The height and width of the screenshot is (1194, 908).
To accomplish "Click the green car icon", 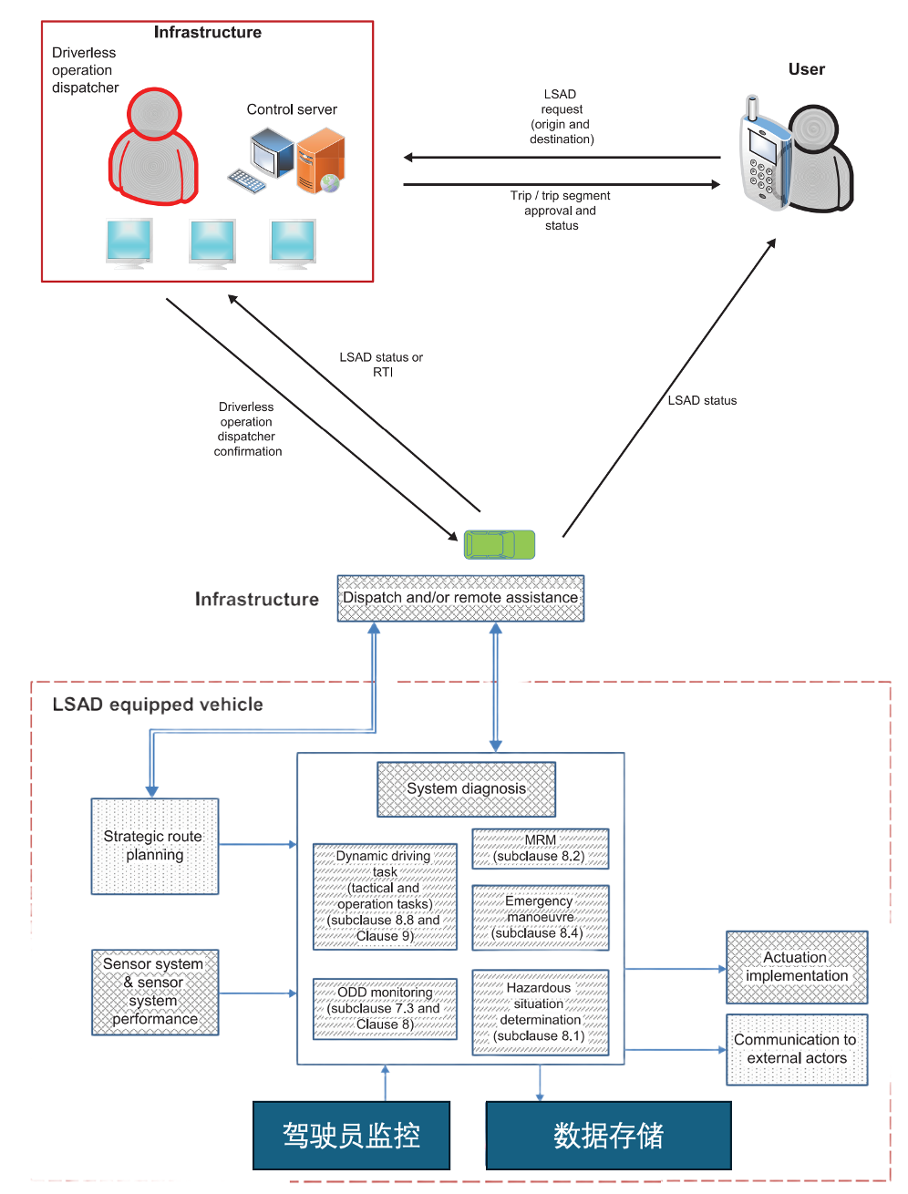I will point(499,544).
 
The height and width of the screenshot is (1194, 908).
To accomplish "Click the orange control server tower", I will point(320,160).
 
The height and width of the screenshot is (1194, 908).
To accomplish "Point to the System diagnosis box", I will point(466,789).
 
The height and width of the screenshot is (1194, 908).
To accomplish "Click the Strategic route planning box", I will point(155,846).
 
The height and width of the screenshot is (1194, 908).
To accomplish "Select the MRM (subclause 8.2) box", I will point(540,849).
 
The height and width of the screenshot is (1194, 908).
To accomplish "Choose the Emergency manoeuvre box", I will point(540,917).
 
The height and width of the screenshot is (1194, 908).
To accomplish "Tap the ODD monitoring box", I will point(385,1008).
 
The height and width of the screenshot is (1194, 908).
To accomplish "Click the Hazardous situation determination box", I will point(540,1012).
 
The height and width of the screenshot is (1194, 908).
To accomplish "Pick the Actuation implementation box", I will point(796,967).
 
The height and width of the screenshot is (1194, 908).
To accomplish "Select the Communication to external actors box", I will point(796,1049).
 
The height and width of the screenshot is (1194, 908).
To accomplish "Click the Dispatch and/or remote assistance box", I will point(460,598).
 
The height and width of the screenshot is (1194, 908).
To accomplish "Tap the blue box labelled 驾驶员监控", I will point(351,1136).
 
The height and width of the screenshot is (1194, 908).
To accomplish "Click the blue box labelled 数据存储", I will point(608,1136).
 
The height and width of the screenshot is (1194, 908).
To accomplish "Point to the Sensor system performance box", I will point(155,992).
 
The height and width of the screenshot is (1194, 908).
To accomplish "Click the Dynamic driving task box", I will point(385,896).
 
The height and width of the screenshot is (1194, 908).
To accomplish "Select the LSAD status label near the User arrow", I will point(702,400).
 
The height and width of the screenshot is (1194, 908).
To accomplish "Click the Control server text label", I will point(292,109).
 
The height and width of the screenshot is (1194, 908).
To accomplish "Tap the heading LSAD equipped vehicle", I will point(158,705).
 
